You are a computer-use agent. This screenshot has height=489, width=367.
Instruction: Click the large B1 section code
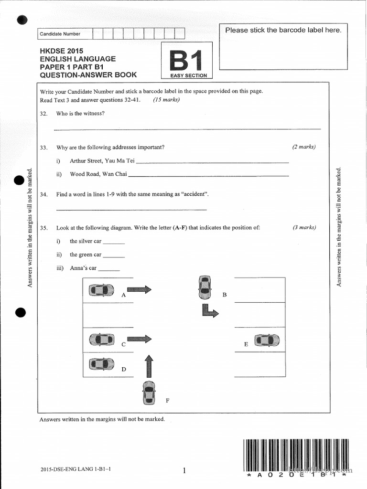[187, 61]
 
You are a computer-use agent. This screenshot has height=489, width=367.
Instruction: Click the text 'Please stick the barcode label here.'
[283, 30]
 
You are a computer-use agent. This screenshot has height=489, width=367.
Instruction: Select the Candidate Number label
[60, 34]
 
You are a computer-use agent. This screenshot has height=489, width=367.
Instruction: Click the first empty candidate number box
[97, 33]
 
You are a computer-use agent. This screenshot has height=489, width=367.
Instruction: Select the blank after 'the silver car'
[113, 243]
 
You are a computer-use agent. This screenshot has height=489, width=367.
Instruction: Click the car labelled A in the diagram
[101, 290]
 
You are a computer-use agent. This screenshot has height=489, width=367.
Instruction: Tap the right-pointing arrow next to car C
[139, 339]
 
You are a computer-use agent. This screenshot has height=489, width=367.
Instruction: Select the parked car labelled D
[101, 364]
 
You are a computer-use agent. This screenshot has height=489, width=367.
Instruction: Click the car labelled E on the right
[267, 340]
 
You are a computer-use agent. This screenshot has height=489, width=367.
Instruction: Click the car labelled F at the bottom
[149, 393]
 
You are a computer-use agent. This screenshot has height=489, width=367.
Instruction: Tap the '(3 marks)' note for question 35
[304, 227]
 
